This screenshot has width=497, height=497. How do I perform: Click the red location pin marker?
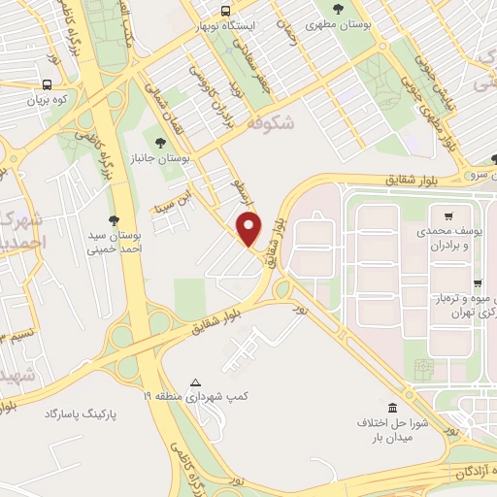[x=250, y=227]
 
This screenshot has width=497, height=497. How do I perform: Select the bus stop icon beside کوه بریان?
[x=49, y=84]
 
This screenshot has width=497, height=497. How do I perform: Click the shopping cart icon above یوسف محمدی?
[x=447, y=216]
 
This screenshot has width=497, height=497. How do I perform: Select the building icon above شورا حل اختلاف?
[x=391, y=407]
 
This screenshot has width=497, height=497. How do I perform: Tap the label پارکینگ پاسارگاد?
[x=80, y=414]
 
